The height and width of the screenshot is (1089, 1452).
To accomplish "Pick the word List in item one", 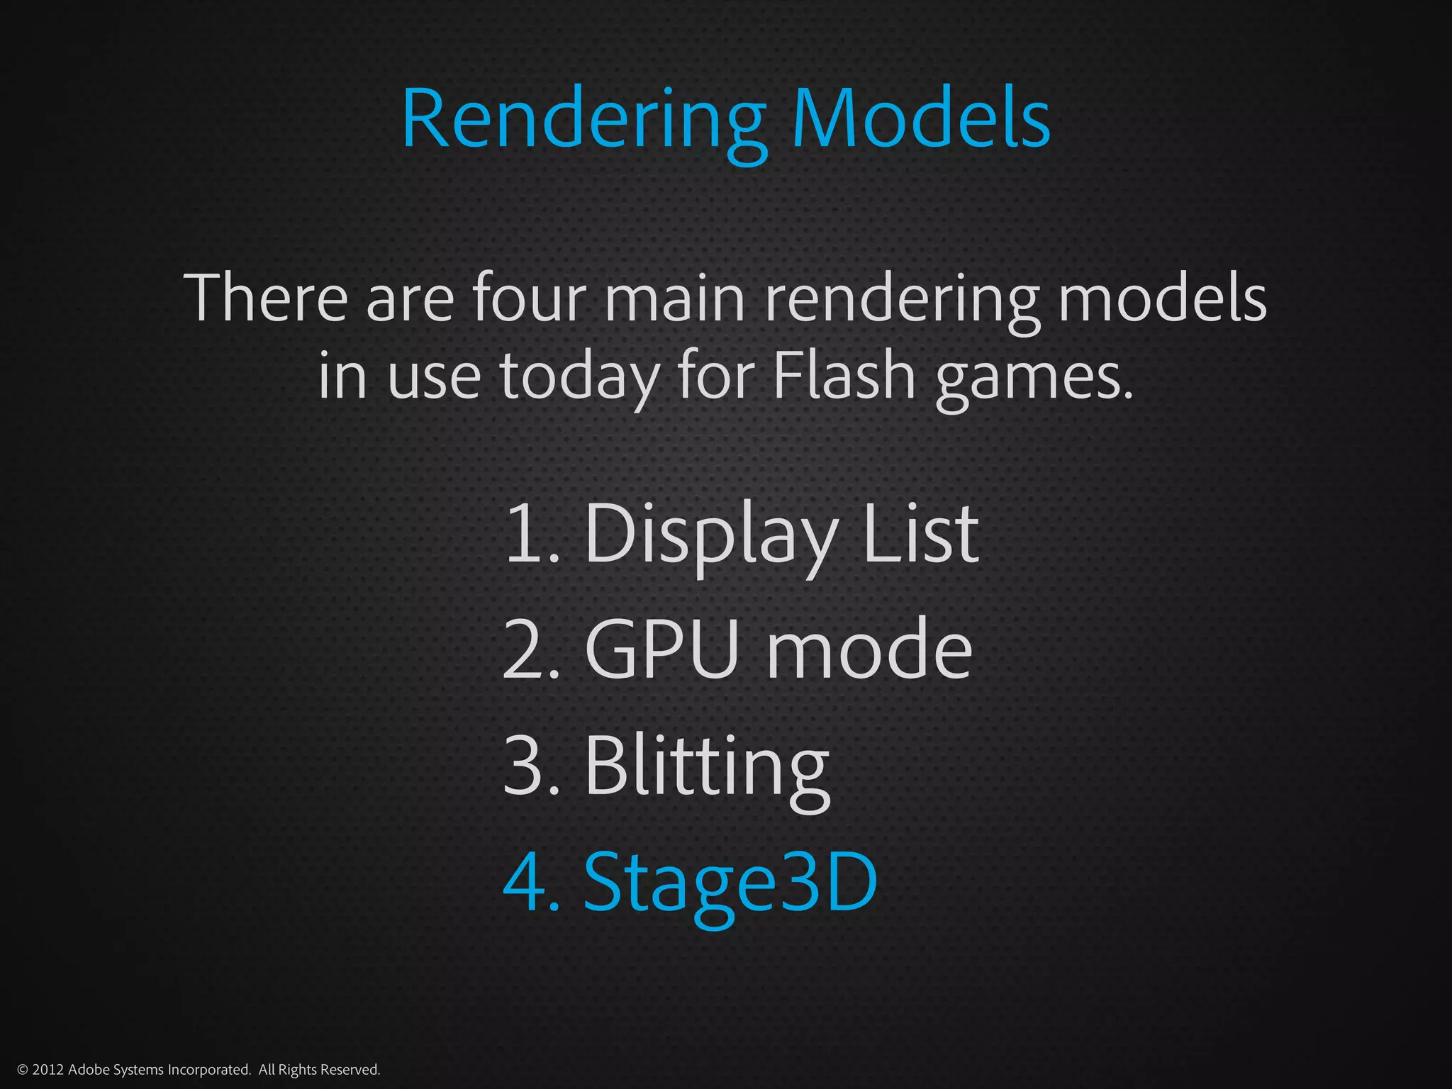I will [920, 533].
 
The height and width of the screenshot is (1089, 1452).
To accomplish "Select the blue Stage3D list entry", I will [730, 883].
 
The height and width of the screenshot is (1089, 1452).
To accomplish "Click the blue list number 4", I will [525, 882].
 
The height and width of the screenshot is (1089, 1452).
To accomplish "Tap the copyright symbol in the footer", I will [22, 1070].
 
